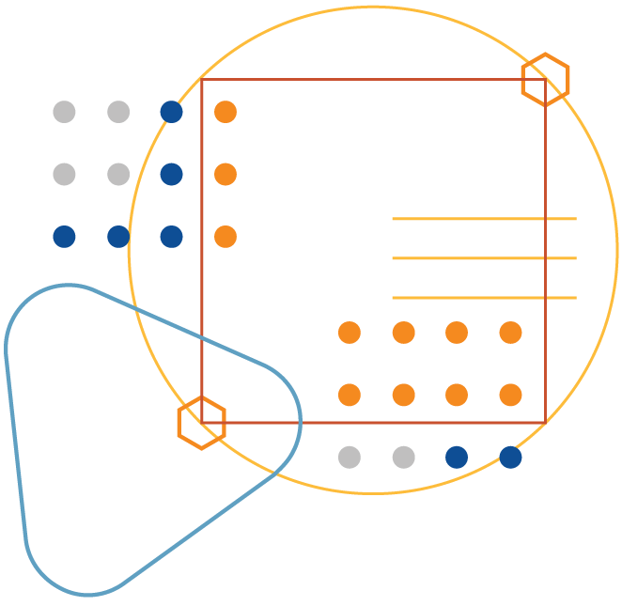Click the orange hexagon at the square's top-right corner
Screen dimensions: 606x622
(x=545, y=80)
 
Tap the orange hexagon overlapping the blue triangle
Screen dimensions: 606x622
(x=202, y=423)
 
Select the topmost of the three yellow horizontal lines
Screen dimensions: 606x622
(x=484, y=219)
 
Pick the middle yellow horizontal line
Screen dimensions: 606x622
(x=484, y=258)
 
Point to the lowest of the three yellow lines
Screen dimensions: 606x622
(x=484, y=298)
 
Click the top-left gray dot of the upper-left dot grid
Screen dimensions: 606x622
(x=64, y=112)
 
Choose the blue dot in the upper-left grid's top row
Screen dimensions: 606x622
(x=171, y=112)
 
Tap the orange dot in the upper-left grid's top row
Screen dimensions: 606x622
(x=225, y=112)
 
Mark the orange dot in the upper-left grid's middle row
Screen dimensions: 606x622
(x=225, y=174)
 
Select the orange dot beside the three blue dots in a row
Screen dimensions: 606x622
(x=225, y=237)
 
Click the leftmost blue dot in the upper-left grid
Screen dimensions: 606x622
(x=64, y=237)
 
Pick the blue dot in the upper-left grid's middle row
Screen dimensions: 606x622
(x=171, y=174)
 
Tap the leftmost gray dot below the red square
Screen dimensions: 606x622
(x=350, y=458)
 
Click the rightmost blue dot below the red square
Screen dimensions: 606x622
(x=510, y=458)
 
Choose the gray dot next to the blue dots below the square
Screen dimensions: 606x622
(x=403, y=458)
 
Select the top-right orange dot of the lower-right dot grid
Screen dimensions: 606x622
(x=510, y=333)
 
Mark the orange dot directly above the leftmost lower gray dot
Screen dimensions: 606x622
(x=350, y=395)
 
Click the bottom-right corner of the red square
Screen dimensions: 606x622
(x=545, y=423)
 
